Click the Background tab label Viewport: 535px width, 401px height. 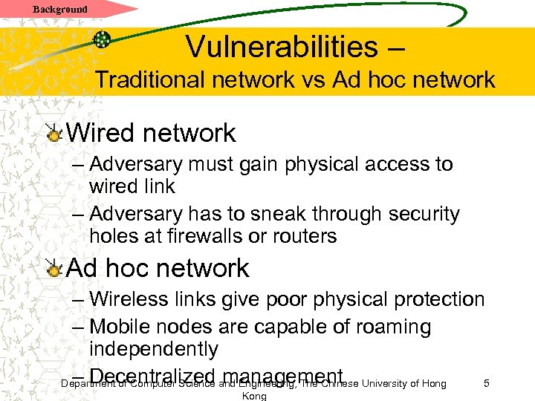click(60, 9)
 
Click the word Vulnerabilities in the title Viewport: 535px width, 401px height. click(282, 47)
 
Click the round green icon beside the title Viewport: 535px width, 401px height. click(103, 39)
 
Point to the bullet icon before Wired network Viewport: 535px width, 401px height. click(52, 133)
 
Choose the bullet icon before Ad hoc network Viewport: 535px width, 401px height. click(52, 268)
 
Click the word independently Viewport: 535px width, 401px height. click(154, 349)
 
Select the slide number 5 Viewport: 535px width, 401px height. click(486, 383)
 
